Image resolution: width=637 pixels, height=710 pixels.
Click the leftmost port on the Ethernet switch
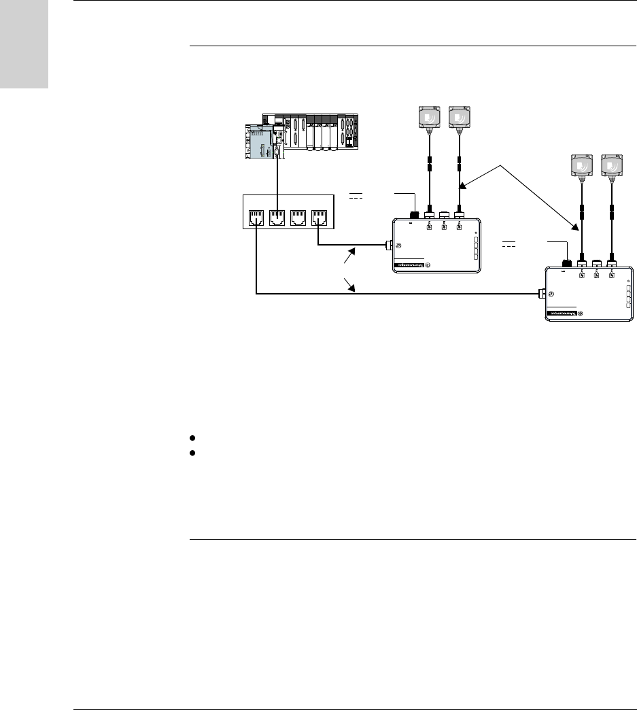point(256,219)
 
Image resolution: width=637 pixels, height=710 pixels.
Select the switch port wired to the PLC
point(277,219)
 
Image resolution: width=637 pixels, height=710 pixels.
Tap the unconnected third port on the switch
point(298,219)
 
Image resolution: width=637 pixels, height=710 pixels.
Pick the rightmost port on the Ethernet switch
point(319,219)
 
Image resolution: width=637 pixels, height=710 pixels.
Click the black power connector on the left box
point(414,215)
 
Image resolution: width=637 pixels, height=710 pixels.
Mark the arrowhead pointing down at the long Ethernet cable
point(353,289)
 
